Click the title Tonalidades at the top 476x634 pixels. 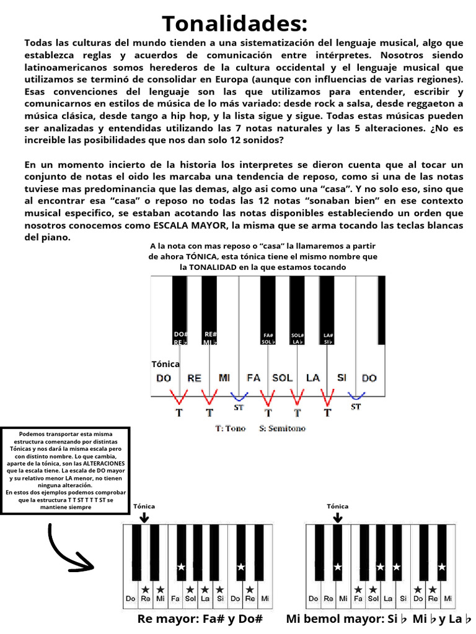click(x=234, y=24)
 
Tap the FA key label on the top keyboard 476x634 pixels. click(x=253, y=378)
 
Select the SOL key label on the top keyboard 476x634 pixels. click(x=282, y=378)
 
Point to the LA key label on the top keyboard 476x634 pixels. click(x=313, y=378)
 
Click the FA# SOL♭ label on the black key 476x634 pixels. click(x=268, y=339)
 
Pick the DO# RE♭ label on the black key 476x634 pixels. click(x=180, y=338)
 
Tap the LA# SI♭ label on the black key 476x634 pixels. click(x=328, y=339)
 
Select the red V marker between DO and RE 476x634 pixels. click(x=179, y=396)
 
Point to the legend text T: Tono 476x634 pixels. click(x=230, y=428)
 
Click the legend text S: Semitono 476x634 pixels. click(x=282, y=428)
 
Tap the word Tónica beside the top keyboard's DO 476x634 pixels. click(x=165, y=364)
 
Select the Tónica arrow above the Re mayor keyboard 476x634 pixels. click(x=144, y=516)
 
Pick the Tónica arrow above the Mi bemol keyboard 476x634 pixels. click(x=337, y=516)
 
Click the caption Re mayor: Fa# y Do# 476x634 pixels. click(x=200, y=619)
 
